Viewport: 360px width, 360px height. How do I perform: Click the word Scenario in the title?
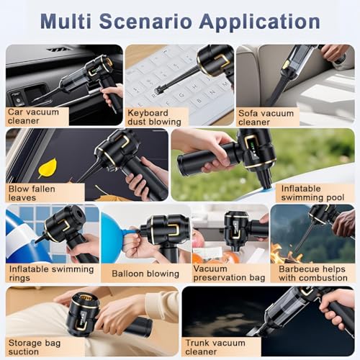click(145, 22)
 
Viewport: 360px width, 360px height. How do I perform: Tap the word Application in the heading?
click(260, 22)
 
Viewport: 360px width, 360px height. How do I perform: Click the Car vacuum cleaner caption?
click(33, 117)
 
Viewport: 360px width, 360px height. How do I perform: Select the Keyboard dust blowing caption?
click(154, 117)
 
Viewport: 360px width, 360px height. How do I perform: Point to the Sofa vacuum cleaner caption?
click(266, 117)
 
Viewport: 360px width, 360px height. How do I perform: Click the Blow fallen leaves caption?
click(32, 193)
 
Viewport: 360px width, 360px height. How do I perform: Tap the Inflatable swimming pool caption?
click(312, 193)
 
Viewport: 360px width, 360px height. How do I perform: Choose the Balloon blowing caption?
click(145, 274)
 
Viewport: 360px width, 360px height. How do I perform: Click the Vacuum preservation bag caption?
click(229, 273)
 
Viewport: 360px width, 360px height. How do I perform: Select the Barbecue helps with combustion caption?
click(313, 274)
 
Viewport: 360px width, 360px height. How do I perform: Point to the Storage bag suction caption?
click(35, 347)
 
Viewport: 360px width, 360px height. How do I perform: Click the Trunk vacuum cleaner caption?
click(215, 347)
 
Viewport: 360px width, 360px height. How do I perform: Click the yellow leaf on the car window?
click(48, 168)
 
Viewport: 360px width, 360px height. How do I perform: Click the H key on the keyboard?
click(194, 86)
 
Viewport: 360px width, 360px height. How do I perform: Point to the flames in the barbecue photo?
click(286, 254)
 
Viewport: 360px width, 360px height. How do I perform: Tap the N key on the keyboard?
click(212, 92)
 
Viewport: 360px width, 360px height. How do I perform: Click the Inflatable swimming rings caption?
click(51, 274)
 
